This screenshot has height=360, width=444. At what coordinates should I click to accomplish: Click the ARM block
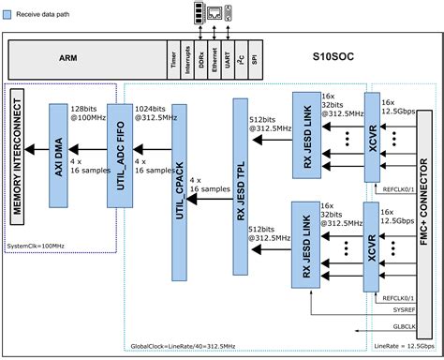67,57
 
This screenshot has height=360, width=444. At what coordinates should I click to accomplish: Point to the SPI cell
258,57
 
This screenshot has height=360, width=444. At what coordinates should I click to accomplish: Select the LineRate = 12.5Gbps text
400,348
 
